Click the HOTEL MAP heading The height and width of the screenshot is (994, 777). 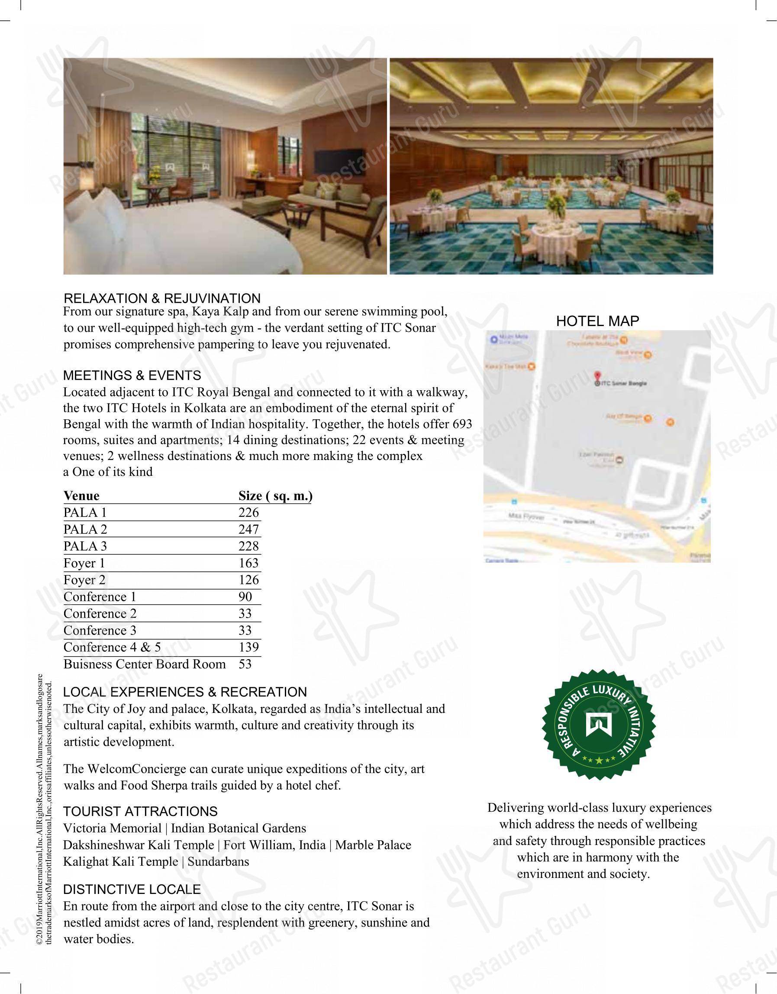[597, 321]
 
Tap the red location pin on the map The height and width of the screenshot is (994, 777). [597, 376]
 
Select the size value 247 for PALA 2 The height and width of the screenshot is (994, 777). [248, 529]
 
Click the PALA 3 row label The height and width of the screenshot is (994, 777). [85, 546]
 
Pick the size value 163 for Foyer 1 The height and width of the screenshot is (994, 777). [248, 563]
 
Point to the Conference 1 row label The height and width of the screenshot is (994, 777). [100, 597]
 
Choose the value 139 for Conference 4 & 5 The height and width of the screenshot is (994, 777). [248, 647]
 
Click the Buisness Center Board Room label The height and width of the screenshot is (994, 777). [144, 664]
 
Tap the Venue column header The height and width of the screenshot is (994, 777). [81, 495]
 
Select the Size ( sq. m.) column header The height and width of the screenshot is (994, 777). [275, 495]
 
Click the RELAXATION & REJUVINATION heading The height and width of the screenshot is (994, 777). [162, 298]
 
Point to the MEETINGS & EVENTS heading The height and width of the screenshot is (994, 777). [132, 376]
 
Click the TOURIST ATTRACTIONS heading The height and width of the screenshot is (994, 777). [140, 812]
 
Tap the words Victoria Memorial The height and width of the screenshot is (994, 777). [113, 828]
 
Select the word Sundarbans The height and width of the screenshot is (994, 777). [218, 861]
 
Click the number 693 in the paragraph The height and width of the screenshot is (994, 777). [462, 424]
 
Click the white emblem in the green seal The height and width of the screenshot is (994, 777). [598, 725]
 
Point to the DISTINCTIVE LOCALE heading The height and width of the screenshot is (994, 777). [132, 889]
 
